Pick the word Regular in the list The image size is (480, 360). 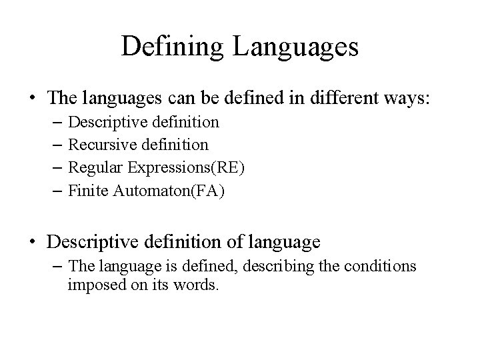[93, 167]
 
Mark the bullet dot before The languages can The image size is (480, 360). [33, 99]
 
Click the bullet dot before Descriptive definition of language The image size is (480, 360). [33, 241]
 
